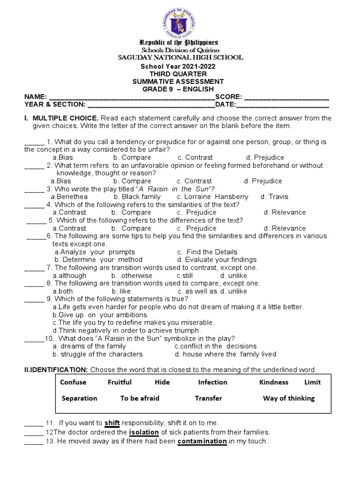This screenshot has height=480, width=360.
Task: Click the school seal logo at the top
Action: click(180, 21)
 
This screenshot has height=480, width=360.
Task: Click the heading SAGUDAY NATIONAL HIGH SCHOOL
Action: click(180, 58)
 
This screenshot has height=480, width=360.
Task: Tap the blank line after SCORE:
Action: click(286, 97)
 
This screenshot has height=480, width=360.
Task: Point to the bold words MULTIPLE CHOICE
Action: click(65, 118)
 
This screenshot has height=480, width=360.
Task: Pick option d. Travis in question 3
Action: click(274, 197)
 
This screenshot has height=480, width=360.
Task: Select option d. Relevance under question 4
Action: click(285, 212)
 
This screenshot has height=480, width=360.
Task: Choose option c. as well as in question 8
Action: click(197, 291)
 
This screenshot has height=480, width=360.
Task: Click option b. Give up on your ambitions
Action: click(93, 315)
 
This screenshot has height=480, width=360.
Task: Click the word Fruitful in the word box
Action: click(120, 382)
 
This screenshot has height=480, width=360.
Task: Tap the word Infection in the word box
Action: click(212, 382)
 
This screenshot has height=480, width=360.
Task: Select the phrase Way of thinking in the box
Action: click(289, 398)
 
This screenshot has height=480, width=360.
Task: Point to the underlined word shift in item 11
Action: click(112, 423)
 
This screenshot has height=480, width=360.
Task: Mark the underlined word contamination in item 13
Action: click(202, 442)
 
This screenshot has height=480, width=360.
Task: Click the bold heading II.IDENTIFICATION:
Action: click(56, 370)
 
